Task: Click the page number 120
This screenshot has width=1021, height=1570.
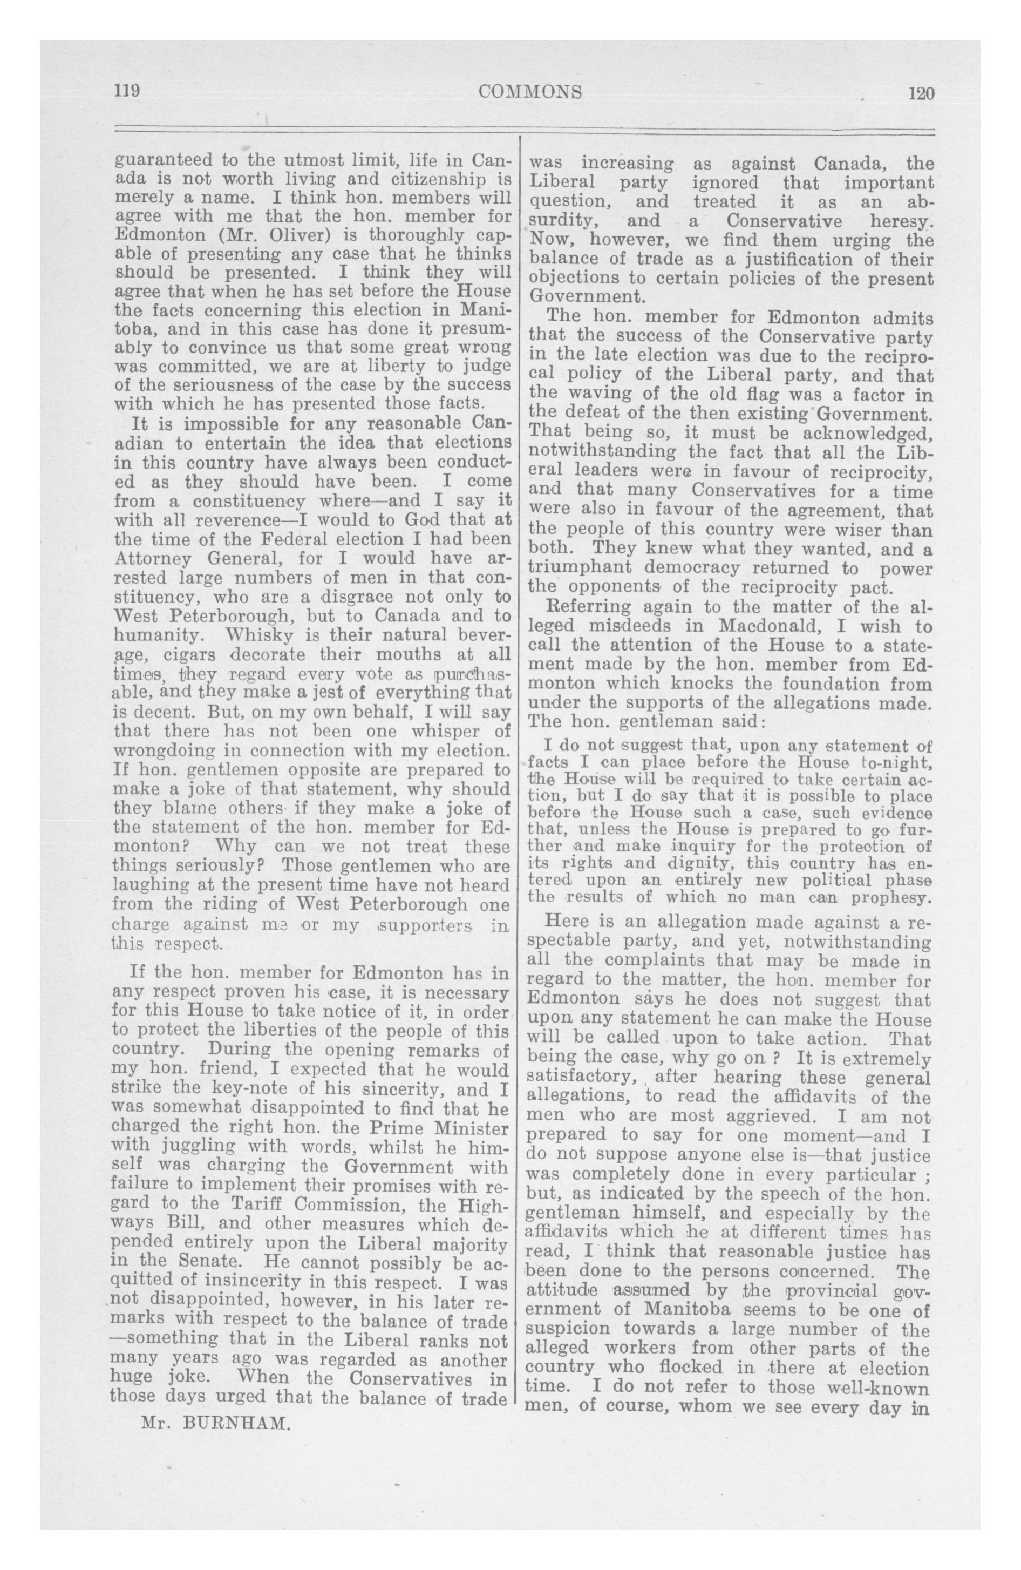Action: [x=921, y=93]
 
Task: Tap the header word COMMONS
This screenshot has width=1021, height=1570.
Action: [x=530, y=91]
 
